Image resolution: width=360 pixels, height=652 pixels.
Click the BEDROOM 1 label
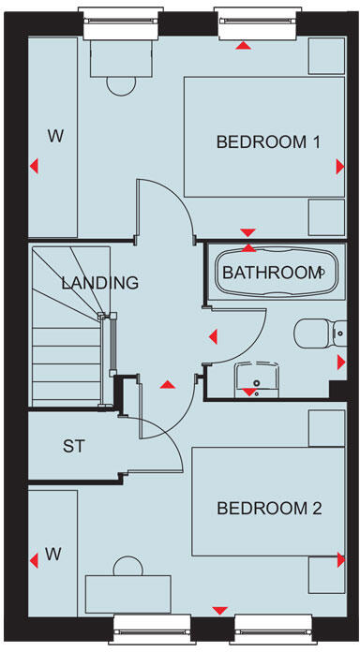click(x=268, y=142)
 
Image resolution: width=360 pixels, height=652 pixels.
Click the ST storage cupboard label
click(x=74, y=447)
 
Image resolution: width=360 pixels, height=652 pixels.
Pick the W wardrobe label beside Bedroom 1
click(x=56, y=137)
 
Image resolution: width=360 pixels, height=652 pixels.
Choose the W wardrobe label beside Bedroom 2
click(x=52, y=555)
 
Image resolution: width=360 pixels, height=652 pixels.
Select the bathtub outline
click(x=272, y=273)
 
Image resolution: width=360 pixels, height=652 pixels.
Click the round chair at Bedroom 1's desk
click(x=120, y=84)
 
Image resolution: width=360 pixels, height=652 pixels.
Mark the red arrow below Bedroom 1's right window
click(x=245, y=45)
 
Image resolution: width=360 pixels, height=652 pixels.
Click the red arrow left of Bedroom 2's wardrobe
click(x=35, y=560)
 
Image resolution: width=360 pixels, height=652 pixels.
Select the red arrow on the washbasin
click(x=248, y=393)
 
